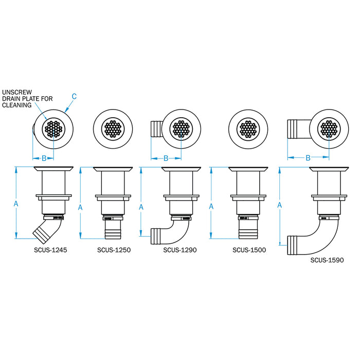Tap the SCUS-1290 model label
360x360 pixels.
point(180,250)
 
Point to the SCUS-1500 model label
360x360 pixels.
point(249,250)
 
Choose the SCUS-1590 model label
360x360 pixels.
point(327,260)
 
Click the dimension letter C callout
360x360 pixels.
point(74,96)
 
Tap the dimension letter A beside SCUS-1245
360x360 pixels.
point(16,204)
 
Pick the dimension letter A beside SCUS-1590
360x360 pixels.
point(280,205)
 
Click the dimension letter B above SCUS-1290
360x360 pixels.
point(166,158)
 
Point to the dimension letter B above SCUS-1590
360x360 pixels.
point(308,158)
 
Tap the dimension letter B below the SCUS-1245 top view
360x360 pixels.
point(44,158)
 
